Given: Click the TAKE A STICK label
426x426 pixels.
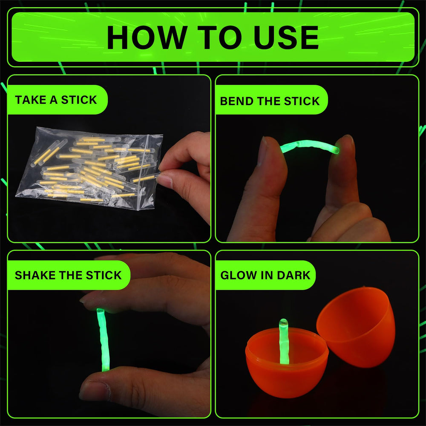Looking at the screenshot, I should tap(56, 100).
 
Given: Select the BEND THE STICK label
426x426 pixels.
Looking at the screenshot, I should tap(270, 101).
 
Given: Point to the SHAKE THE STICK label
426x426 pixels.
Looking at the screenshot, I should tap(68, 275).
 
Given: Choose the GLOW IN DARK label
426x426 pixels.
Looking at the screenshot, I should tap(265, 275).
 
